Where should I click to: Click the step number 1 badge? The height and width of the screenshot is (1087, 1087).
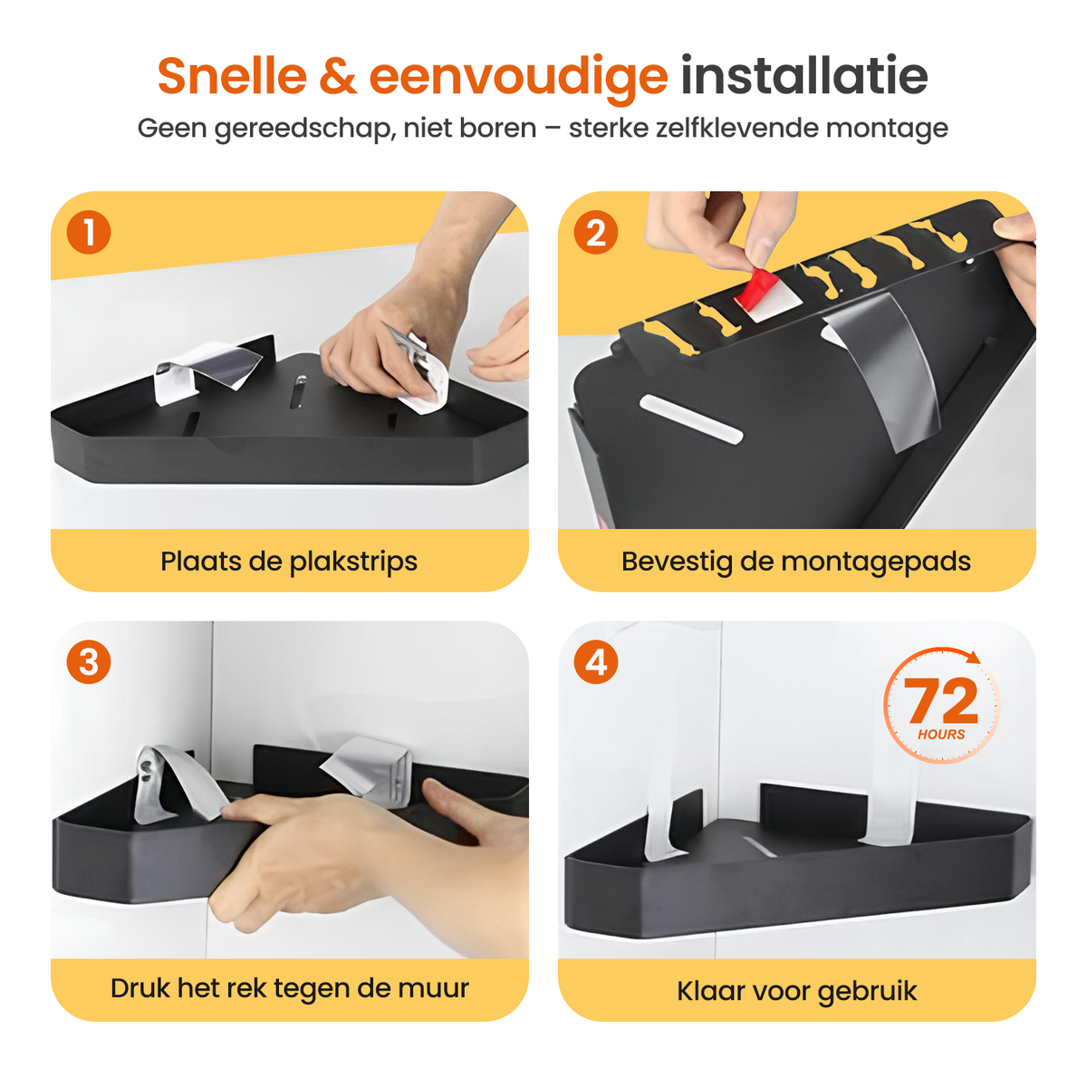pos(89,233)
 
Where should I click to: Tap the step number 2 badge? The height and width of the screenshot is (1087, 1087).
pos(595,233)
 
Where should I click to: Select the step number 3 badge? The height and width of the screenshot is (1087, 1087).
pos(89,661)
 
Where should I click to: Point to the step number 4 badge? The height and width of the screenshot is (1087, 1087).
pos(595,661)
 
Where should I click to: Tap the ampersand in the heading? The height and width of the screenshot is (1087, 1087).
pos(337,76)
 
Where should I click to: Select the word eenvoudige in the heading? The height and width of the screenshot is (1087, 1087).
pos(518,80)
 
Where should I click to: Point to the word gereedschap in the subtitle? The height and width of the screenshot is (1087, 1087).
pos(303,130)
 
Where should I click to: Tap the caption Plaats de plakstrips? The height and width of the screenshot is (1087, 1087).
pos(289,562)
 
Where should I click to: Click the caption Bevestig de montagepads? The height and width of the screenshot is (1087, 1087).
pos(796,562)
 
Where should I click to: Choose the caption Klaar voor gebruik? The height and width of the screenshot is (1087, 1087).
pos(796,992)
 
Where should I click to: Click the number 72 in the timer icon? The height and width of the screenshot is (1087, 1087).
pos(940,700)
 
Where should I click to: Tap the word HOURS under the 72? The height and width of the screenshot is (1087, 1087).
pos(941,735)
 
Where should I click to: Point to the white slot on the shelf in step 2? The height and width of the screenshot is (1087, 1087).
pos(690,418)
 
